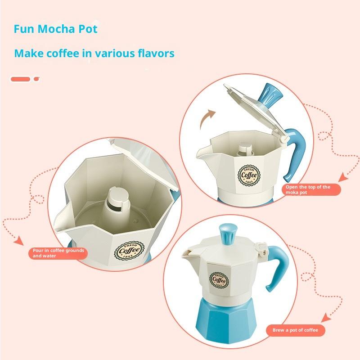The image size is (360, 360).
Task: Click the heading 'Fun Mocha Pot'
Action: click(x=55, y=29)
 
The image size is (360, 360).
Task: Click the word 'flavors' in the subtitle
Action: click(x=156, y=53)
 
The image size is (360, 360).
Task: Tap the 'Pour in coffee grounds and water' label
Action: click(x=58, y=253)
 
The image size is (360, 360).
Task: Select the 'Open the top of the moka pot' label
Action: click(x=311, y=189)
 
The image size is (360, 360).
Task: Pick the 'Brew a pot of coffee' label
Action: click(x=296, y=330)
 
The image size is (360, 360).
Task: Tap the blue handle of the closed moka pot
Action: click(x=278, y=266)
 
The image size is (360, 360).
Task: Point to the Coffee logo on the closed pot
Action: click(x=219, y=280)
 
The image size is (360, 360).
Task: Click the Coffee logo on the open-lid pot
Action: click(x=249, y=175)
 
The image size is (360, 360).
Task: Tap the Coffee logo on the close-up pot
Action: click(x=130, y=251)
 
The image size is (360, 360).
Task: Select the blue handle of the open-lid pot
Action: click(x=295, y=153)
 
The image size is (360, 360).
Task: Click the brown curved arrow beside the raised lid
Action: click(x=206, y=118)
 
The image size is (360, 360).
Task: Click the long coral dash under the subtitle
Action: click(x=20, y=79)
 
